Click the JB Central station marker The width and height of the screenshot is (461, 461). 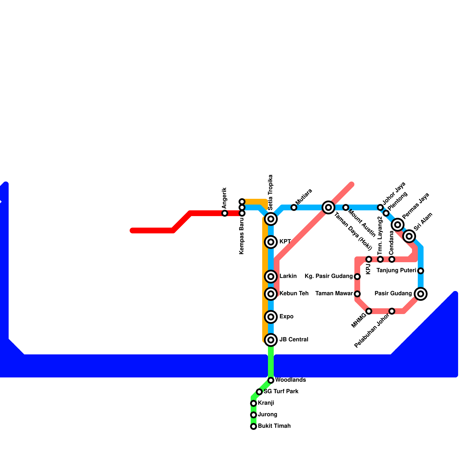pos(271,340)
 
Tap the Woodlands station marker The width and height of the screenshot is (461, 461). pos(271,380)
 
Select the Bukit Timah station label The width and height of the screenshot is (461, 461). pos(274,426)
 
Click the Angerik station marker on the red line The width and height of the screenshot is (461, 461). pos(225,213)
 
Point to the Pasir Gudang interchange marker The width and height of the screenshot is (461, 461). pos(421,294)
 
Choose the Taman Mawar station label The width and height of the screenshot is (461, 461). pos(334,294)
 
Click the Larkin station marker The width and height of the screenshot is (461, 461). pos(271,277)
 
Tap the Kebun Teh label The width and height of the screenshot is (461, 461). pos(294,294)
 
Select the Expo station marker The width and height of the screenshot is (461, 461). pos(271,317)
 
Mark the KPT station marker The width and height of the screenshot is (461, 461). pos(271,242)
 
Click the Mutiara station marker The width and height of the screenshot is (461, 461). pos(294,207)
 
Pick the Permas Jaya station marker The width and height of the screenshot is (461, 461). pos(398,224)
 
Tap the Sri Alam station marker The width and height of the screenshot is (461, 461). pos(409,236)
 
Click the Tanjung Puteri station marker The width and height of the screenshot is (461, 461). pos(421,271)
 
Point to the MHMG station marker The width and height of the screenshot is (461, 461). pos(369,311)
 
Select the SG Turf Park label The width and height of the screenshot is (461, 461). pos(281,392)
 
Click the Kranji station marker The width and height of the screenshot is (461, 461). pos(254,403)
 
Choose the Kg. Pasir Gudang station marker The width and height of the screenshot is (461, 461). pos(357,277)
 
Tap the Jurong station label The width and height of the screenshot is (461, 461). pos(267,415)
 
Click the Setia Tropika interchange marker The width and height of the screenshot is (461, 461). pos(271,219)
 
